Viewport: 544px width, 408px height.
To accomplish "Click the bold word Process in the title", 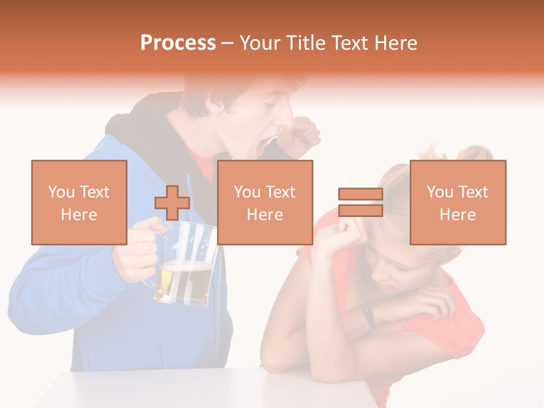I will tap(178, 43).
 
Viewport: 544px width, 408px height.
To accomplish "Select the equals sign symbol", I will tap(360, 202).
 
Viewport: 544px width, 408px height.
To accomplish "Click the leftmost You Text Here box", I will tap(79, 202).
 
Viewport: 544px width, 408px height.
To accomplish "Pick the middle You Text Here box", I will tap(265, 202).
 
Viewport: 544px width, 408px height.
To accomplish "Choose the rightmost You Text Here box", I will tap(457, 202).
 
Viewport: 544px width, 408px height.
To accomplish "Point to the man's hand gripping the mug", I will tap(136, 249).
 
